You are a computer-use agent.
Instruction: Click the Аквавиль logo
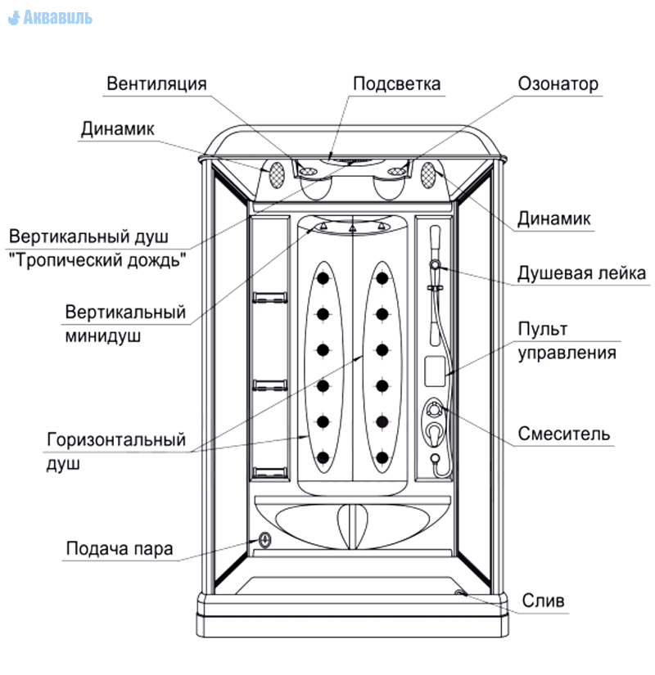(50, 17)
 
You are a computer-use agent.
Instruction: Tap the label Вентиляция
(156, 83)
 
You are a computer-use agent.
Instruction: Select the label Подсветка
(396, 83)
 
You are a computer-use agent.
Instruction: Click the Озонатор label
(558, 83)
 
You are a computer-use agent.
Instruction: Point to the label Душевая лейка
(581, 273)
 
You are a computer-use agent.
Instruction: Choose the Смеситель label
(563, 434)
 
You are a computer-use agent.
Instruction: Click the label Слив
(543, 600)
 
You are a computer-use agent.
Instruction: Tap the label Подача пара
(120, 548)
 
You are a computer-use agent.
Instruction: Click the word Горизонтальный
(116, 440)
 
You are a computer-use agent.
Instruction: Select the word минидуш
(102, 335)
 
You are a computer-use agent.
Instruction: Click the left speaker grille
(277, 175)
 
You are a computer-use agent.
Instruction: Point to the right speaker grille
(428, 175)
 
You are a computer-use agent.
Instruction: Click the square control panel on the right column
(435, 371)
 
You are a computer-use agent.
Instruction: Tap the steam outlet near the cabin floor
(264, 540)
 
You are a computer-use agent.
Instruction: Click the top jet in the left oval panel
(323, 278)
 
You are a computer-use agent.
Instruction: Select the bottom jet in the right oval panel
(382, 457)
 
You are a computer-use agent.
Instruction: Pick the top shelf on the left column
(269, 298)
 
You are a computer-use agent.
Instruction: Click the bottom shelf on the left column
(269, 472)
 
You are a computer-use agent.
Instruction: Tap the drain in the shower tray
(460, 593)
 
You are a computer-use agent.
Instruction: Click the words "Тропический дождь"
(97, 260)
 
